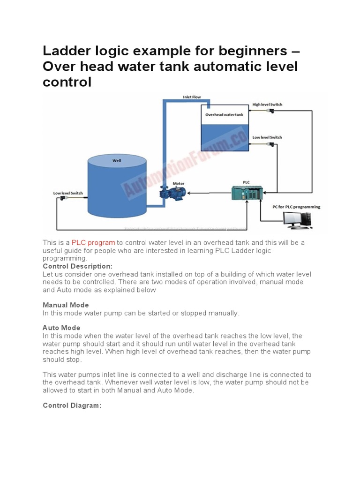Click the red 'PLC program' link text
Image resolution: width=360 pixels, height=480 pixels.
93,242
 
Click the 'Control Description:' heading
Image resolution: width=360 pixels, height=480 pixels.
77,266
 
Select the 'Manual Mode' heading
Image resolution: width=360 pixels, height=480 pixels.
66,305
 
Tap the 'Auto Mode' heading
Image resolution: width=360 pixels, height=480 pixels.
61,328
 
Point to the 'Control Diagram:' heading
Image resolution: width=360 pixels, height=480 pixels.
72,405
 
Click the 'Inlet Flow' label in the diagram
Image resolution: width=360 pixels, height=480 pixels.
192,97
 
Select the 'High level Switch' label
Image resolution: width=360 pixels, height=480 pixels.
267,105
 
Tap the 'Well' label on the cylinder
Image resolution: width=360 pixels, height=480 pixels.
117,160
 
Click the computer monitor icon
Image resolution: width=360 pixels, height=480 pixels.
292,219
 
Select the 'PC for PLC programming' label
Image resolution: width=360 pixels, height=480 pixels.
297,206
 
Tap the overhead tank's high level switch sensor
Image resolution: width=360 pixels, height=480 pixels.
270,111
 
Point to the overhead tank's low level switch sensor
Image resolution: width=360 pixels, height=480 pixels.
270,143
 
